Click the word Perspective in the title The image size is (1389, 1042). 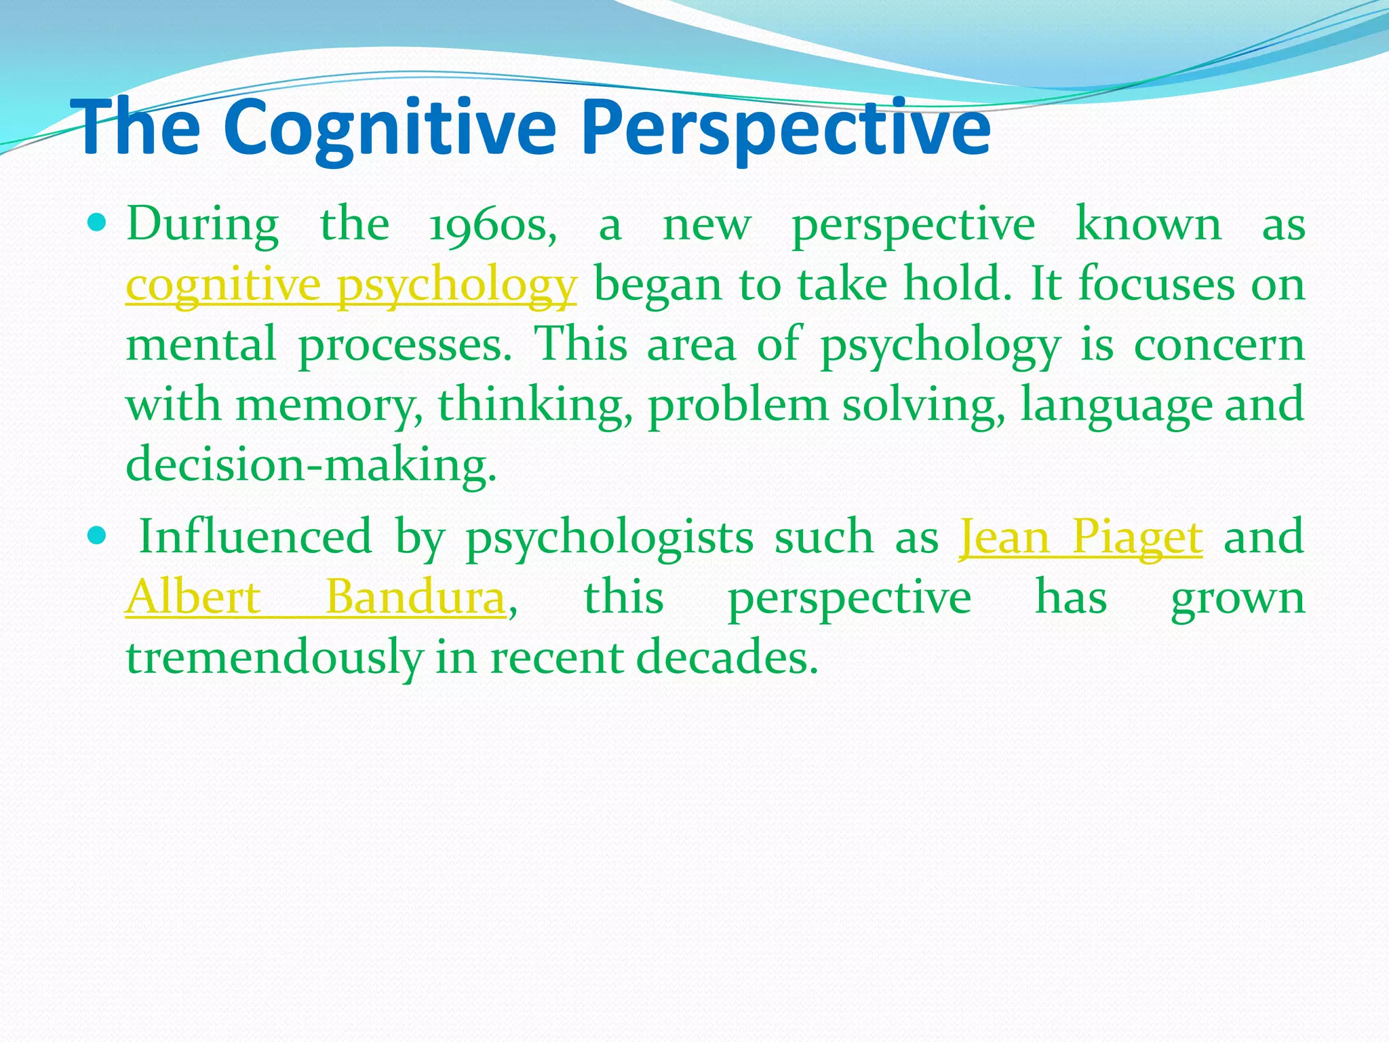(x=785, y=128)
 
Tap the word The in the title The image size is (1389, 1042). (x=139, y=128)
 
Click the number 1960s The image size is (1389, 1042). (x=493, y=225)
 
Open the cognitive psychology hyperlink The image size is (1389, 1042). (x=351, y=285)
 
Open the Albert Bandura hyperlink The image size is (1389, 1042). (x=315, y=598)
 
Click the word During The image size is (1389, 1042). (x=202, y=225)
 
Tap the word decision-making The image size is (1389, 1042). (x=311, y=465)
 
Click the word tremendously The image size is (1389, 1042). (x=274, y=658)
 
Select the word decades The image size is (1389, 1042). (x=727, y=658)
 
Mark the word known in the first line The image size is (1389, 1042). (x=1148, y=225)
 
